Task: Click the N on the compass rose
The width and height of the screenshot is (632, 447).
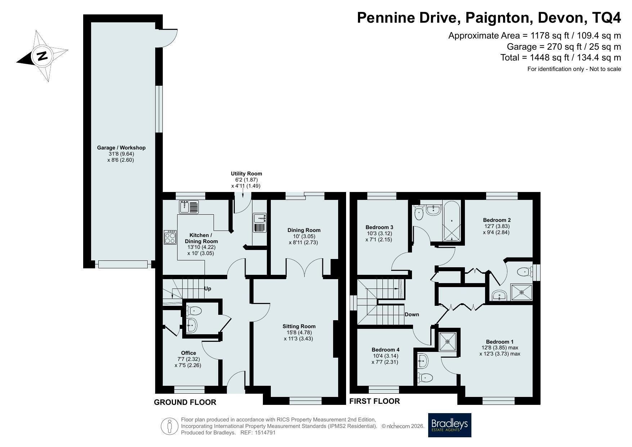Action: (42, 56)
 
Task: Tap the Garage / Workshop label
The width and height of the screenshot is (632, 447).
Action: (121, 148)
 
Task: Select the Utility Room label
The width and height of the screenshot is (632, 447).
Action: (246, 174)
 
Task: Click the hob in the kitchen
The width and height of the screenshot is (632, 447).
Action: (170, 237)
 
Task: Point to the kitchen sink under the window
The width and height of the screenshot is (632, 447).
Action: (189, 207)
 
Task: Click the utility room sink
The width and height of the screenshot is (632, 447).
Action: (260, 223)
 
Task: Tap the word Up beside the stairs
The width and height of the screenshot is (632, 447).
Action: (207, 289)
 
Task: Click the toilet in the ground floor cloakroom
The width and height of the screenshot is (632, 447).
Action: (194, 310)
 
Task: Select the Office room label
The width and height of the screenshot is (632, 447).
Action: (189, 353)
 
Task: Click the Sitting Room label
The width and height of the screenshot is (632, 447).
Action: (299, 326)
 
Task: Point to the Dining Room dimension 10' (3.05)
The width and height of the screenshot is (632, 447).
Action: (304, 236)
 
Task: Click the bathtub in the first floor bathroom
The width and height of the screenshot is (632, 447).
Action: (452, 222)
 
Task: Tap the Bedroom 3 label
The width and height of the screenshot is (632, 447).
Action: (379, 227)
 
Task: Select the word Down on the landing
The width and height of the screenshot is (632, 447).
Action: (412, 314)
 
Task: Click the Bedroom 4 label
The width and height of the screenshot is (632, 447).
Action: (386, 350)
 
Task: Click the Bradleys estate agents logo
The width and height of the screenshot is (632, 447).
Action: (449, 425)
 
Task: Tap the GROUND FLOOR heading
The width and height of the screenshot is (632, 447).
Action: (185, 402)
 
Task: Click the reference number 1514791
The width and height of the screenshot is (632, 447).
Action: (265, 433)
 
